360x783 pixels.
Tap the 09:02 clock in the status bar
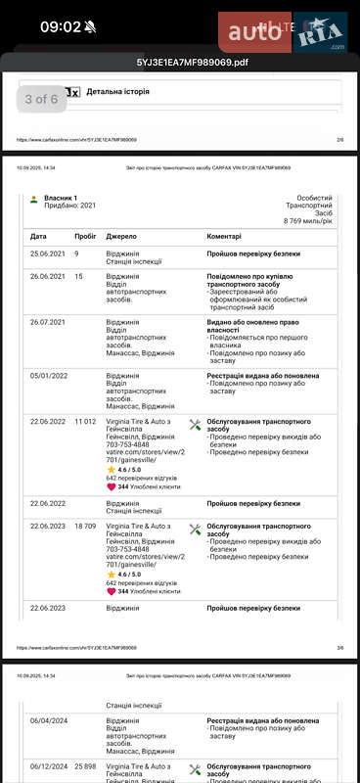click(x=60, y=26)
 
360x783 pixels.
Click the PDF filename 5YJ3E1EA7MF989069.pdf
click(x=179, y=63)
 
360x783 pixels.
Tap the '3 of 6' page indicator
click(x=41, y=99)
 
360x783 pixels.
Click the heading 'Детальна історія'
click(x=119, y=92)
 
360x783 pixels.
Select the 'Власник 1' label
click(x=61, y=198)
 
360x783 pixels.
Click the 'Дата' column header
click(x=38, y=236)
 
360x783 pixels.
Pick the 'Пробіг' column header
click(x=85, y=236)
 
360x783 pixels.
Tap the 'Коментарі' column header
click(x=231, y=236)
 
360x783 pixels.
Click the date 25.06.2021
click(x=47, y=253)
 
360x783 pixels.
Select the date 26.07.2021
click(x=47, y=322)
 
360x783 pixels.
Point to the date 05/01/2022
click(x=47, y=376)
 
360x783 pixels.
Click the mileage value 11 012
click(x=85, y=421)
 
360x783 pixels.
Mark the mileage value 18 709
click(x=85, y=527)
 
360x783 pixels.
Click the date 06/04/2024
click(x=47, y=721)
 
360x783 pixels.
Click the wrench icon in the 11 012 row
click(x=195, y=424)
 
